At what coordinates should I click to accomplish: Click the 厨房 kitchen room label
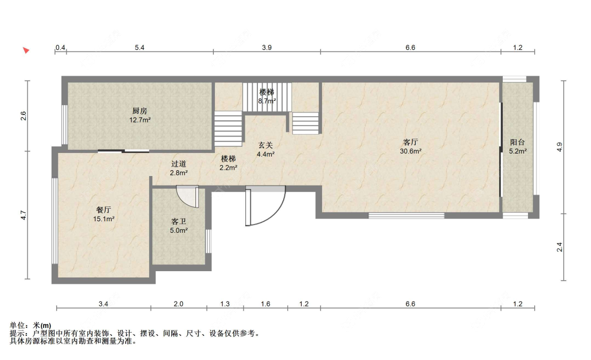pos(139,111)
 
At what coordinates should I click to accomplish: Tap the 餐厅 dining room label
pos(103,210)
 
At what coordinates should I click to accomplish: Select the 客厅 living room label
pos(410,142)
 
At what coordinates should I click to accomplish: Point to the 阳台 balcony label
pos(517,142)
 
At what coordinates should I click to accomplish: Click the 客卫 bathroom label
pos(179,221)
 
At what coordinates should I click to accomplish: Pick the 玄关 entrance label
pos(265,145)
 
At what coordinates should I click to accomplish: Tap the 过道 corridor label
pos(179,164)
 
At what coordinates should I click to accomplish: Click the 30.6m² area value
pos(410,151)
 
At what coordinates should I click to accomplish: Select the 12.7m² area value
pos(140,120)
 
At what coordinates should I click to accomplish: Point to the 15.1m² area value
pos(103,219)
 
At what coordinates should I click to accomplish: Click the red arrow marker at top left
pos(26,50)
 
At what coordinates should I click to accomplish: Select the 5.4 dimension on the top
pos(139,47)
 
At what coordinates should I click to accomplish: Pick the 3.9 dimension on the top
pos(267,47)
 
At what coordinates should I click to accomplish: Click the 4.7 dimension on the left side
pos(23,215)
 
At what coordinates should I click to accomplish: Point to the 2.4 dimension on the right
pos(559,247)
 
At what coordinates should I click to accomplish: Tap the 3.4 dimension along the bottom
pos(103,304)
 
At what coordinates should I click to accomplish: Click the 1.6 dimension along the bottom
pos(265,304)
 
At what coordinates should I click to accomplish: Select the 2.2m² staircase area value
pos(229,168)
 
